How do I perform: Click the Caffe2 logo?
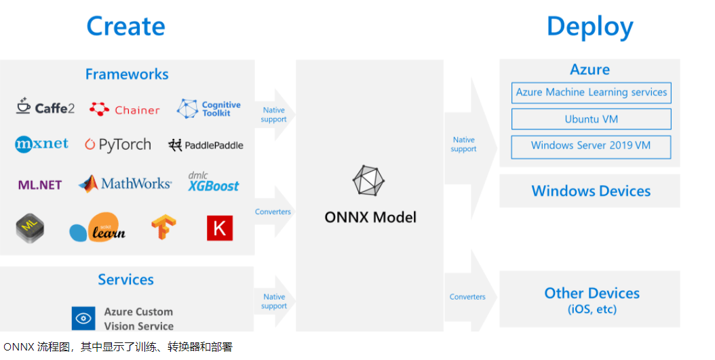[x=45, y=107]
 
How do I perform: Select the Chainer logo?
[x=125, y=109]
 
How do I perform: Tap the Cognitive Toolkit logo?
[x=209, y=108]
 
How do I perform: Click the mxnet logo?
[x=41, y=144]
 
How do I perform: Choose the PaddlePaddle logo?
[x=206, y=145]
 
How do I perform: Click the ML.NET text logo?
[x=40, y=184]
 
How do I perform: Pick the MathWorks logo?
[x=125, y=183]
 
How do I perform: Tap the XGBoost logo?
[x=214, y=182]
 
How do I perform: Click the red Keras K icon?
[x=220, y=228]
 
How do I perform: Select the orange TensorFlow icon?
[x=163, y=228]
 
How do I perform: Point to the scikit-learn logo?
[x=98, y=228]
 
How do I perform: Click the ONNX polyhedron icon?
[x=369, y=181]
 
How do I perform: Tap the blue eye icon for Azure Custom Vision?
[x=83, y=318]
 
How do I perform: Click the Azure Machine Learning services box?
[x=591, y=93]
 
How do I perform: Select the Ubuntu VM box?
[x=591, y=119]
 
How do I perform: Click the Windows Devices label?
[x=590, y=191]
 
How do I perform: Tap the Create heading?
[x=126, y=26]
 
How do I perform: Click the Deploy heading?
[x=590, y=26]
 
